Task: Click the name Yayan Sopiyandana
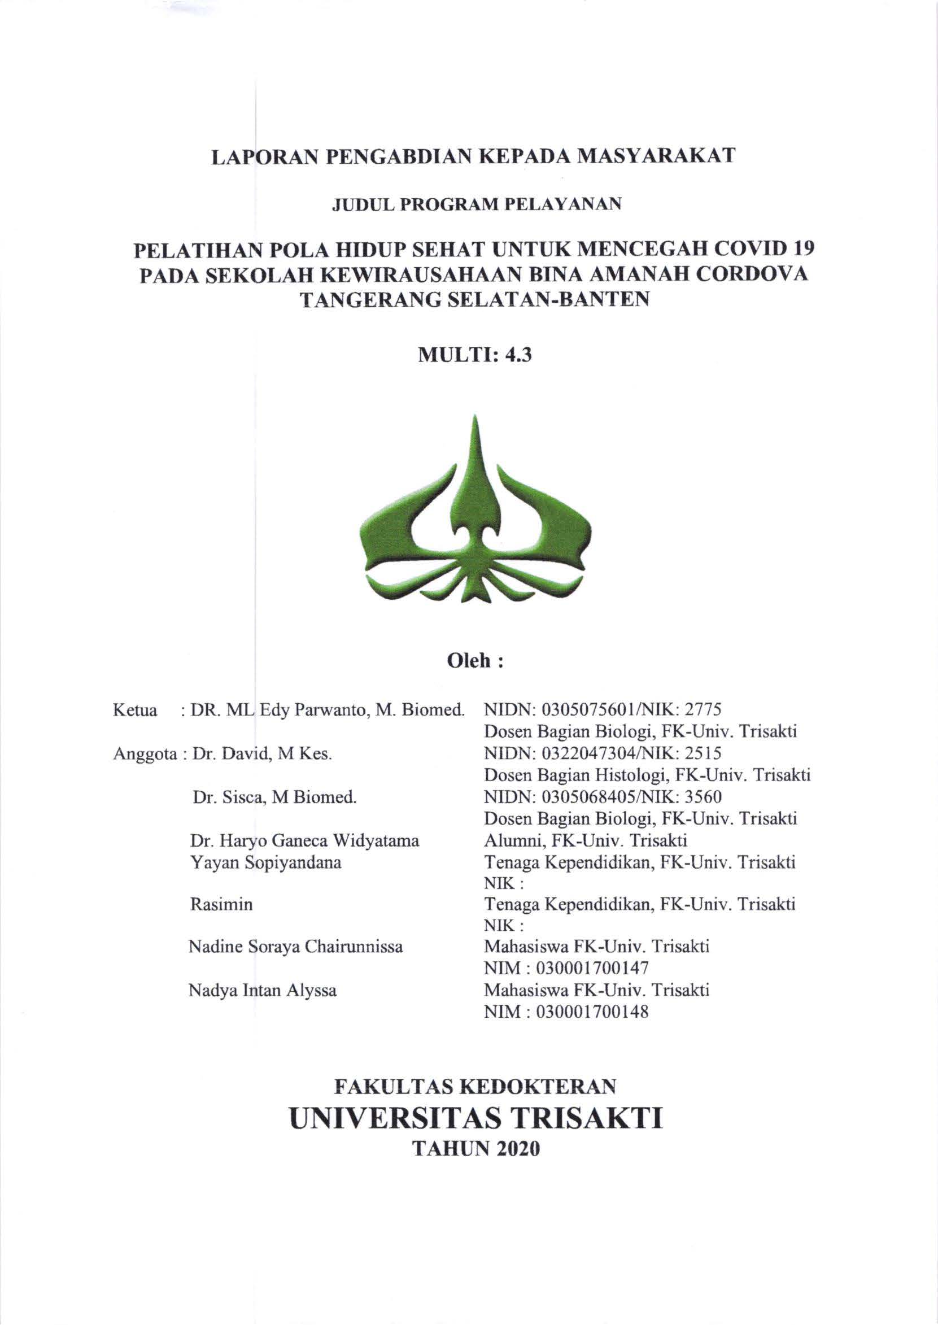(265, 863)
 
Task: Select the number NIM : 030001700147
(566, 967)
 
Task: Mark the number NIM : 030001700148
(566, 1012)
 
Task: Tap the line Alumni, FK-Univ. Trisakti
(585, 841)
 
